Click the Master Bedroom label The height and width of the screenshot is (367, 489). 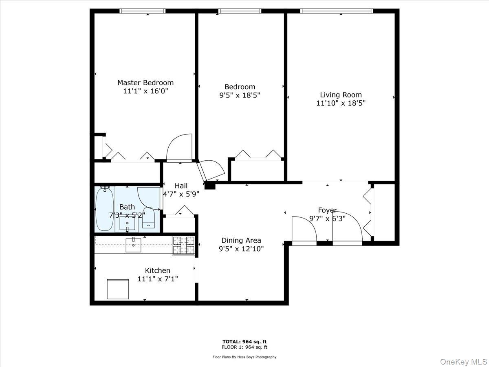145,83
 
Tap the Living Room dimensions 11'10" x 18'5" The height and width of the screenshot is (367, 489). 341,103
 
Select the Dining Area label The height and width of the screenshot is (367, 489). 241,241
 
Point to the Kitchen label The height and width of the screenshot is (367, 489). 158,270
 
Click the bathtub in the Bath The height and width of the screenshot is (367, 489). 104,209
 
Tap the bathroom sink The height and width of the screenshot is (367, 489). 127,223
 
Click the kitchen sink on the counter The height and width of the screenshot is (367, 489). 133,245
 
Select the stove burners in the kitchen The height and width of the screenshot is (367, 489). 183,245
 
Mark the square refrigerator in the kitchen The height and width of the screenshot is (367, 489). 118,289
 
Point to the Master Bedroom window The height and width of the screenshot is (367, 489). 143,11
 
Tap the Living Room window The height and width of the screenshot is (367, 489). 337,11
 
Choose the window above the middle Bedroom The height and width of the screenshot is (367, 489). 240,11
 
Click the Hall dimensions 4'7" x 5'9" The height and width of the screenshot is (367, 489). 181,195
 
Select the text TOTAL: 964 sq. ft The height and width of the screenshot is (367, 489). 244,342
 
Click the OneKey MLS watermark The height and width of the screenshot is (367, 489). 464,361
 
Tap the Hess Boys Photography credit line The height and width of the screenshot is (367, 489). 244,357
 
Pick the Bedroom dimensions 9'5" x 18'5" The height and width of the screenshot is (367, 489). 240,95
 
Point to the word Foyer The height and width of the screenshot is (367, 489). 327,210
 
